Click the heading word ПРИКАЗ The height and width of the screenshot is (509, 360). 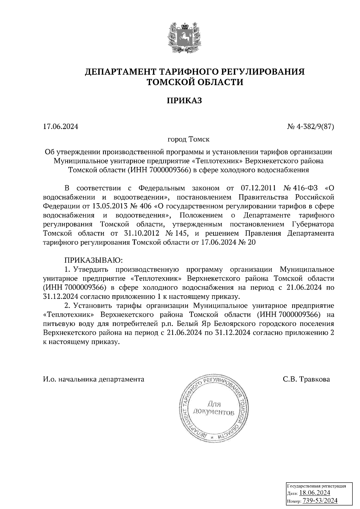tap(184, 101)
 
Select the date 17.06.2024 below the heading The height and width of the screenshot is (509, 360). tap(61, 127)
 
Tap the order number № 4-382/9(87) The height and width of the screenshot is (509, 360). tap(310, 127)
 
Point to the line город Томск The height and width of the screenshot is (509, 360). tap(188, 139)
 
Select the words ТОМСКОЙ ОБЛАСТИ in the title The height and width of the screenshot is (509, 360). tap(194, 82)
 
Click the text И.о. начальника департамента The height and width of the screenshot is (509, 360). tap(93, 380)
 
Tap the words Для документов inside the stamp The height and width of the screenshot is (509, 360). tap(213, 408)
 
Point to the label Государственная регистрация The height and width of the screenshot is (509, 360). tap(317, 486)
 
